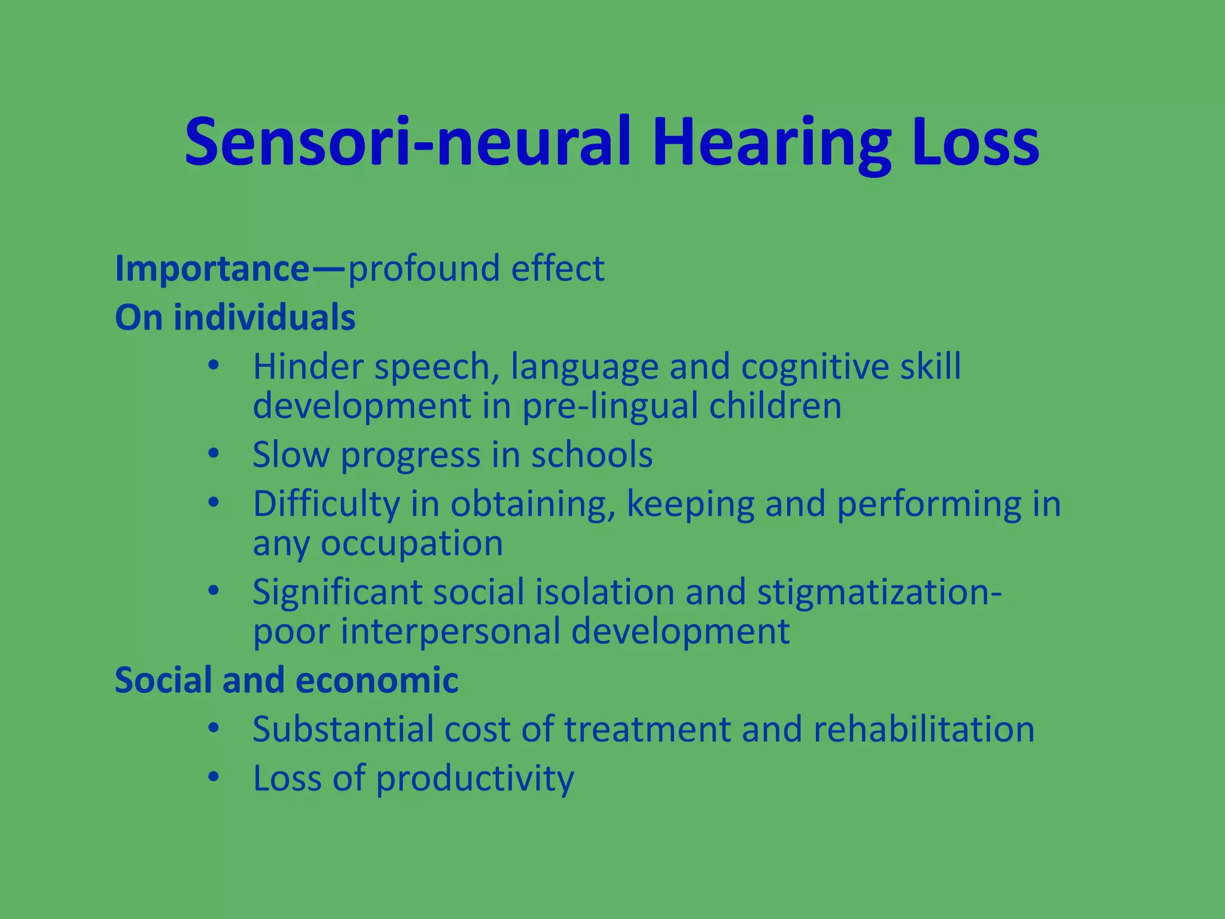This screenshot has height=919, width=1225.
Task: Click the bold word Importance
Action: click(x=212, y=269)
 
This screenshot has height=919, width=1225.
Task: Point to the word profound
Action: click(x=423, y=269)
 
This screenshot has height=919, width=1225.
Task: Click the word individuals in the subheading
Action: click(x=265, y=317)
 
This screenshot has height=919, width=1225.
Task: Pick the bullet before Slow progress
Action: click(x=214, y=454)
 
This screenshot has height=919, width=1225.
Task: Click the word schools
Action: click(x=592, y=455)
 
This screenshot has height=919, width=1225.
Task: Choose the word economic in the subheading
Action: click(x=377, y=680)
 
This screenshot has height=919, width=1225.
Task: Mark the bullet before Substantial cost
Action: click(x=214, y=728)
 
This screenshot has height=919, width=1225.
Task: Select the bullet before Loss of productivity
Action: click(x=214, y=777)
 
